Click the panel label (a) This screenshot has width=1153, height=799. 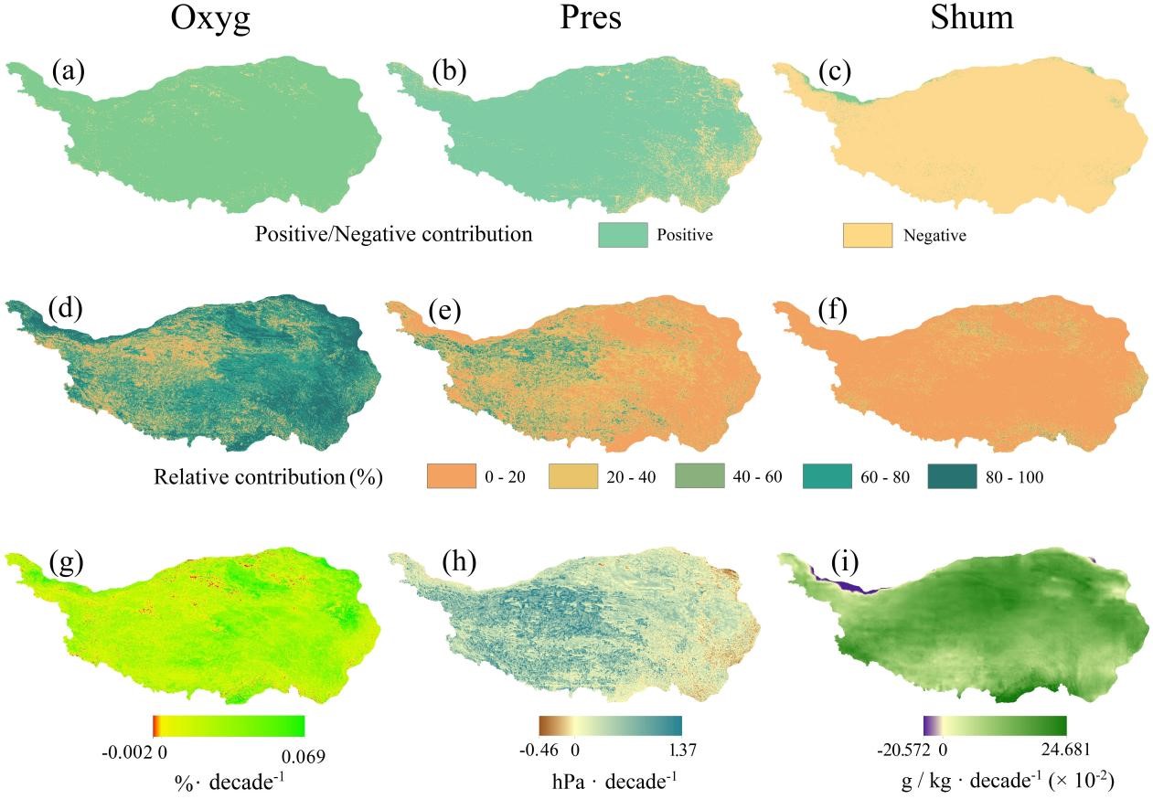[69, 70]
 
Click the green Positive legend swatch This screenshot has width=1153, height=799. [622, 234]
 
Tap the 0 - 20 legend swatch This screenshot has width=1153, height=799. [452, 476]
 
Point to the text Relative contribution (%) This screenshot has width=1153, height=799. [268, 477]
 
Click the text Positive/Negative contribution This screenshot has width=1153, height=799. [394, 234]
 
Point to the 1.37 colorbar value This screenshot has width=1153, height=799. [683, 751]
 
